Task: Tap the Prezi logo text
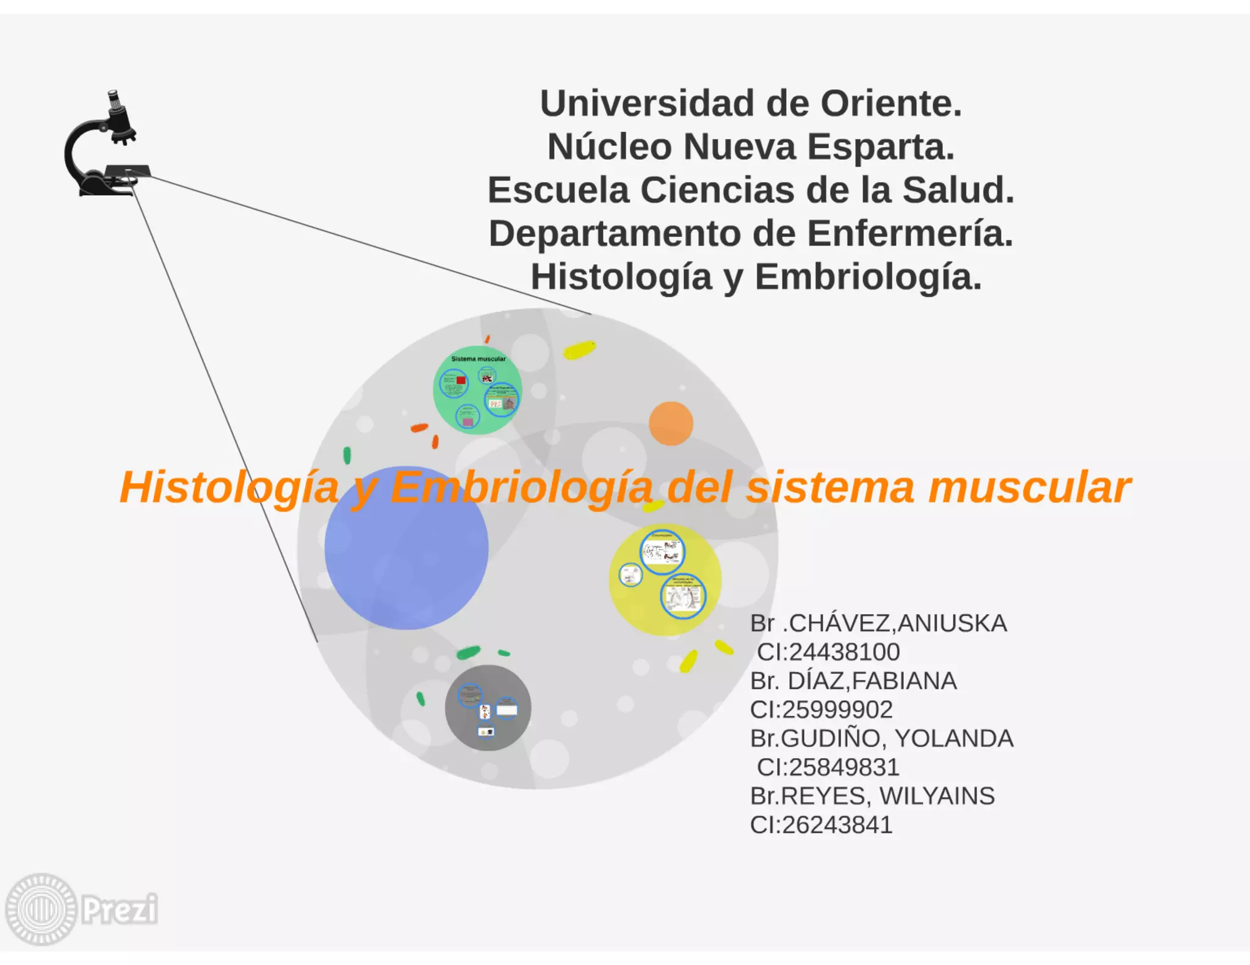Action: pyautogui.click(x=120, y=909)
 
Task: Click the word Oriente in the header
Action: pyautogui.click(x=891, y=104)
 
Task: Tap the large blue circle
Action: pyautogui.click(x=406, y=548)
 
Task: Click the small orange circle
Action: pyautogui.click(x=671, y=423)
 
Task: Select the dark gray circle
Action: pyautogui.click(x=488, y=708)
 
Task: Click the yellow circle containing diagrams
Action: pyautogui.click(x=665, y=579)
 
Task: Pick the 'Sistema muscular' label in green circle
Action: pyautogui.click(x=478, y=359)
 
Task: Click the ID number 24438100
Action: pyautogui.click(x=844, y=652)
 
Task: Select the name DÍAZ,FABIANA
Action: pyautogui.click(x=872, y=681)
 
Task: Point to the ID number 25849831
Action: pyautogui.click(x=844, y=767)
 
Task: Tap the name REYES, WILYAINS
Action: pyautogui.click(x=887, y=796)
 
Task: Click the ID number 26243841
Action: pyautogui.click(x=836, y=825)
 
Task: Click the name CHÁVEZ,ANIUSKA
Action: pyautogui.click(x=897, y=623)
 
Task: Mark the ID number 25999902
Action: pyautogui.click(x=836, y=709)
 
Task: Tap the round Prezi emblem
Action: pyautogui.click(x=41, y=909)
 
